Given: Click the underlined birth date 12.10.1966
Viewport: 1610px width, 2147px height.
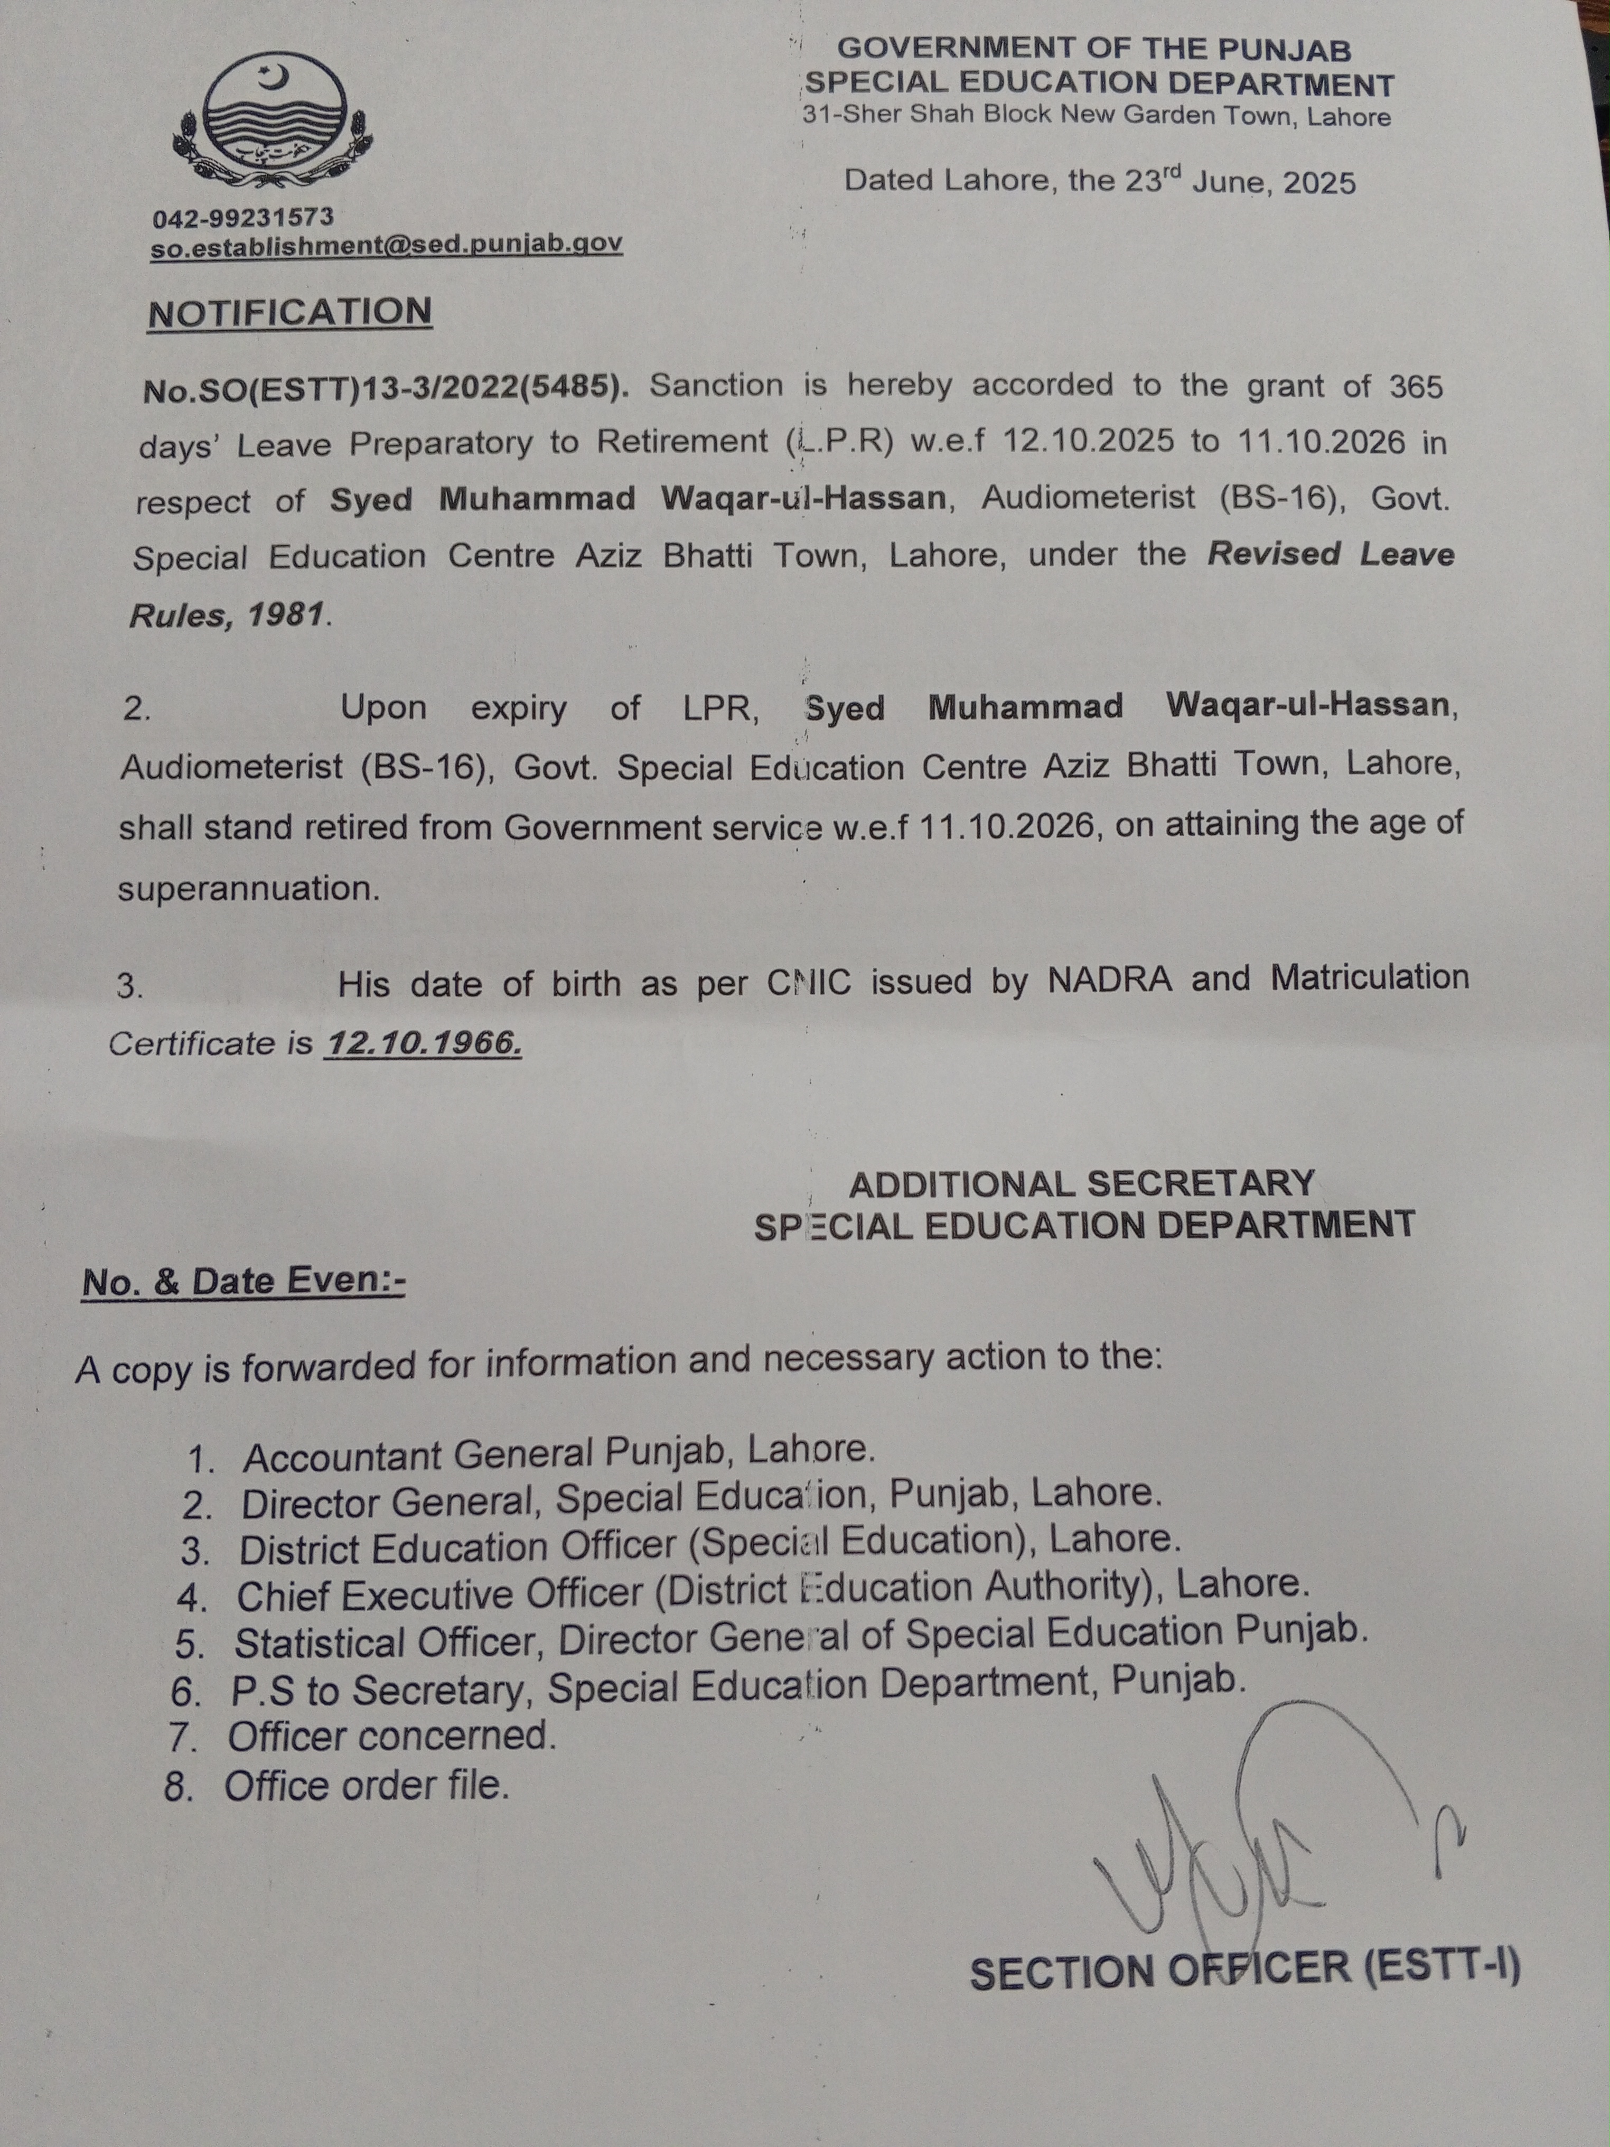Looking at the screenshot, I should coord(423,1043).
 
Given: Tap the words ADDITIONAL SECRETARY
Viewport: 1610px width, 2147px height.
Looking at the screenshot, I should coord(1081,1183).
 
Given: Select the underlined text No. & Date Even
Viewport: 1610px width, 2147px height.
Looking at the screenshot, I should coord(244,1281).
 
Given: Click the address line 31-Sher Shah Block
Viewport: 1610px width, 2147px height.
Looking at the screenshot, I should coord(1097,116).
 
